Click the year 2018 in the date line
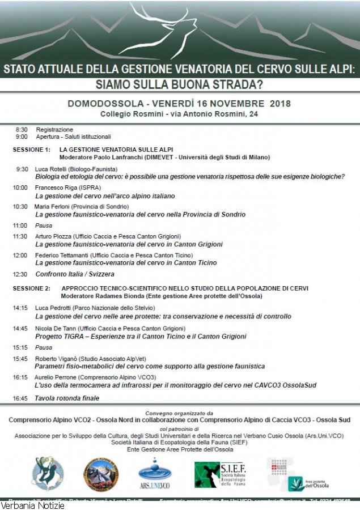(280, 104)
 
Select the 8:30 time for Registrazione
(22, 130)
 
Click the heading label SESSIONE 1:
(32, 150)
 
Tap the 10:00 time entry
(20, 188)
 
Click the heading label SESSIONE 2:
(32, 288)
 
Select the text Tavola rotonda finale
(67, 398)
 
